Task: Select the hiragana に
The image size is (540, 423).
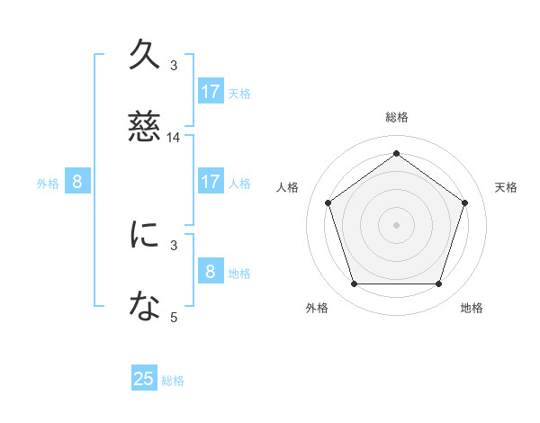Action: pyautogui.click(x=146, y=235)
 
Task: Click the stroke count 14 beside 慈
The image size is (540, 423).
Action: pyautogui.click(x=174, y=138)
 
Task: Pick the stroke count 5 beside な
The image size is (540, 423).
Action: pyautogui.click(x=174, y=316)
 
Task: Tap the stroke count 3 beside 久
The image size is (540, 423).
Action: pyautogui.click(x=174, y=65)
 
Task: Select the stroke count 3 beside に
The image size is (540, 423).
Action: pyautogui.click(x=174, y=243)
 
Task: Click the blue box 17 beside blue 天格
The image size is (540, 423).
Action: pyautogui.click(x=211, y=92)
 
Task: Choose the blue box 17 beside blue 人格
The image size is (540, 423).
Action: pyautogui.click(x=211, y=182)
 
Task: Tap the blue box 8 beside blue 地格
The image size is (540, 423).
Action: pyautogui.click(x=211, y=271)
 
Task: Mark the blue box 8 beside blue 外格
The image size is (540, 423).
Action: pyautogui.click(x=77, y=182)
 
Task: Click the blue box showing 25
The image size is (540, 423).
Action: pyautogui.click(x=145, y=379)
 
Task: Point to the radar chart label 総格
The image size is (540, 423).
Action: pyautogui.click(x=397, y=117)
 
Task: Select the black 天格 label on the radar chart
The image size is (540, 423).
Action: pyautogui.click(x=506, y=187)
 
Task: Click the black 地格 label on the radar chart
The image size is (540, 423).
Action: pyautogui.click(x=472, y=308)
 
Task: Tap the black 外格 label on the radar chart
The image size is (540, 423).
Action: pyautogui.click(x=317, y=308)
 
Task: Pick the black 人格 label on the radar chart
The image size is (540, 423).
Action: pyautogui.click(x=288, y=187)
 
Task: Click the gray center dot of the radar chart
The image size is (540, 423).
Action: pyautogui.click(x=396, y=224)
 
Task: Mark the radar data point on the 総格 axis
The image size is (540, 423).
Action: pyautogui.click(x=396, y=154)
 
